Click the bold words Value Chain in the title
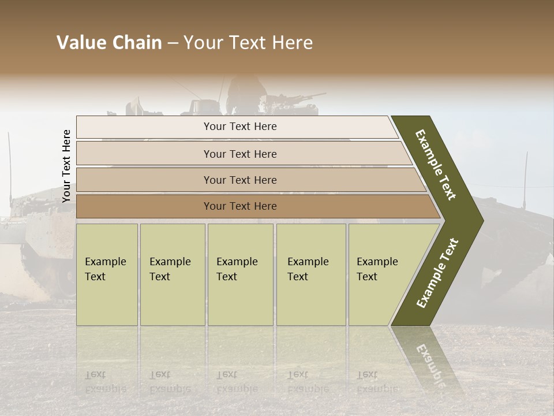click(x=109, y=43)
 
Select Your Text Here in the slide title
click(x=248, y=43)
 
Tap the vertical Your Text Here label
click(x=66, y=166)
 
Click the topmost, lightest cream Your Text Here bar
click(x=240, y=127)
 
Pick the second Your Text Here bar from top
click(x=240, y=154)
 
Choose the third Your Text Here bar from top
click(x=240, y=180)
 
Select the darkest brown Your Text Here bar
click(x=240, y=206)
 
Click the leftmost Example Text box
click(x=107, y=274)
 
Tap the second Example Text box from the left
click(x=172, y=274)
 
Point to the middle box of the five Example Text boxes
click(x=240, y=274)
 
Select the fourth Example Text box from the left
click(x=311, y=274)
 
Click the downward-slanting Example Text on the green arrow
click(x=436, y=165)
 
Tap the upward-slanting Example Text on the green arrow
click(x=437, y=273)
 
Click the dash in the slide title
click(x=173, y=43)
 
